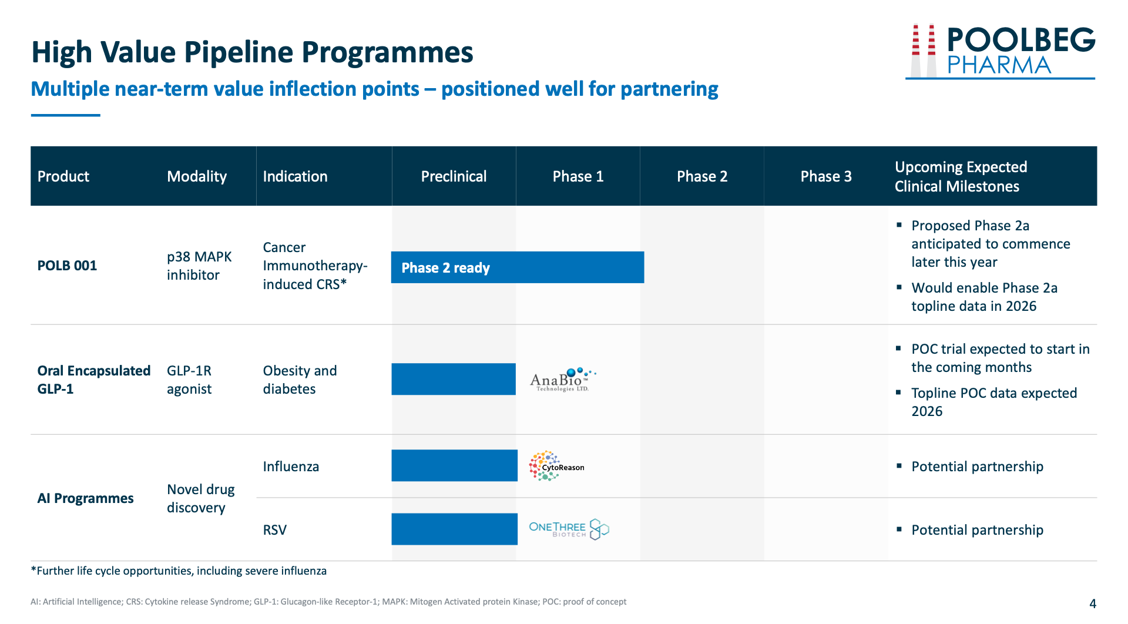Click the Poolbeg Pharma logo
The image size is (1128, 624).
(1001, 51)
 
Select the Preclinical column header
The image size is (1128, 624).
(454, 176)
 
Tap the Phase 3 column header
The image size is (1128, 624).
(825, 176)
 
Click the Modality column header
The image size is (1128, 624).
(197, 176)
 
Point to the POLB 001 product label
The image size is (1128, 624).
(67, 266)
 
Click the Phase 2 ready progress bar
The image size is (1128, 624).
(518, 267)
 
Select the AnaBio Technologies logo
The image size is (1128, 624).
(562, 380)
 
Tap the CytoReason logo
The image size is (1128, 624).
(556, 466)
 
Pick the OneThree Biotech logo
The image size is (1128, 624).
(569, 529)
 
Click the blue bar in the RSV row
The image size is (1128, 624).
(455, 529)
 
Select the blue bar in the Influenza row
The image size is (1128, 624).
(455, 465)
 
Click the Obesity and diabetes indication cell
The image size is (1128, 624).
(300, 380)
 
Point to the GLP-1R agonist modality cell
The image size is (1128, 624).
(189, 380)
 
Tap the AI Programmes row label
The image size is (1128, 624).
(85, 498)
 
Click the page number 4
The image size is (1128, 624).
(1093, 603)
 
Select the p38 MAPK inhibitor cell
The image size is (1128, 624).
(199, 266)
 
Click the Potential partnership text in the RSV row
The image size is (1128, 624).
(977, 530)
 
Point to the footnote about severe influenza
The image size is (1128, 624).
(179, 571)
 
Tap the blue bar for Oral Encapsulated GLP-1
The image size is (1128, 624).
(454, 379)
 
